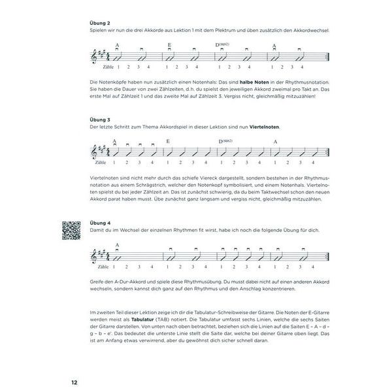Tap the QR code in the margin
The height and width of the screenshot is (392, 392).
tap(71, 232)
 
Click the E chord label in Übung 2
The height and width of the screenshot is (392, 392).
tap(169, 45)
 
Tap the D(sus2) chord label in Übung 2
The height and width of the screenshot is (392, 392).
tap(225, 44)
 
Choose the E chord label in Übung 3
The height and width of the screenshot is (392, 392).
tap(168, 141)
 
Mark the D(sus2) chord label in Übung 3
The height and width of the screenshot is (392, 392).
tap(225, 140)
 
